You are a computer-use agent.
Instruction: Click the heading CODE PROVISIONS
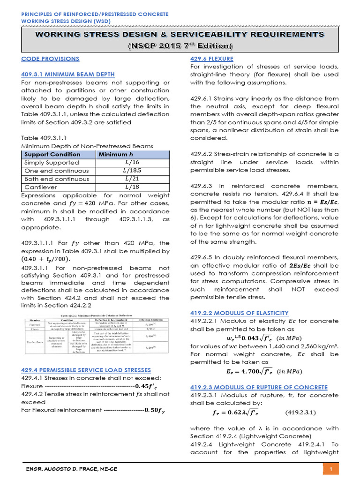(51, 59)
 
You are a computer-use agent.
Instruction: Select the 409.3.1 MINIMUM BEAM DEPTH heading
(68, 75)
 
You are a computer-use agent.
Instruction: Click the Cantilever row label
(40, 187)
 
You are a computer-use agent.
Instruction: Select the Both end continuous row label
(56, 179)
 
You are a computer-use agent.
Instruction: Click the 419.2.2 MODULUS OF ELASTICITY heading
(239, 313)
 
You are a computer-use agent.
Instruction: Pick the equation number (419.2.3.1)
(300, 413)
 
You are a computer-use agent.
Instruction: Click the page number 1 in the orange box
(330, 469)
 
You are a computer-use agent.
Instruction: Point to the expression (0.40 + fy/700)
(46, 259)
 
